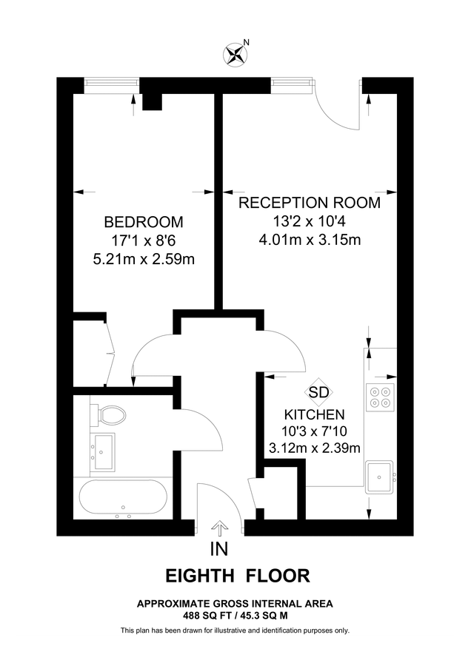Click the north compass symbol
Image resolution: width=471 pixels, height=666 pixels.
(237, 53)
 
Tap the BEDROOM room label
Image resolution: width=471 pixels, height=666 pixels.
(144, 222)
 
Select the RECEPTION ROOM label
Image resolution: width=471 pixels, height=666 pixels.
(310, 203)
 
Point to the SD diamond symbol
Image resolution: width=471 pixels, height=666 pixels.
(318, 392)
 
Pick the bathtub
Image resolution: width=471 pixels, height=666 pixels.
(124, 498)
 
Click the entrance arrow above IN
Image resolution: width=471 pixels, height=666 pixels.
(219, 528)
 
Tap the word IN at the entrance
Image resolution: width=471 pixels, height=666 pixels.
(219, 549)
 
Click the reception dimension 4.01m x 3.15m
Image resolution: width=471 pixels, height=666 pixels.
(310, 239)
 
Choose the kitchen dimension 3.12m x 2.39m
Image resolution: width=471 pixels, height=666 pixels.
(315, 448)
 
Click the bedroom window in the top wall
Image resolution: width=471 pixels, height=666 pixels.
(111, 84)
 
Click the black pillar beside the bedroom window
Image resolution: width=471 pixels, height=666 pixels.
(152, 100)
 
